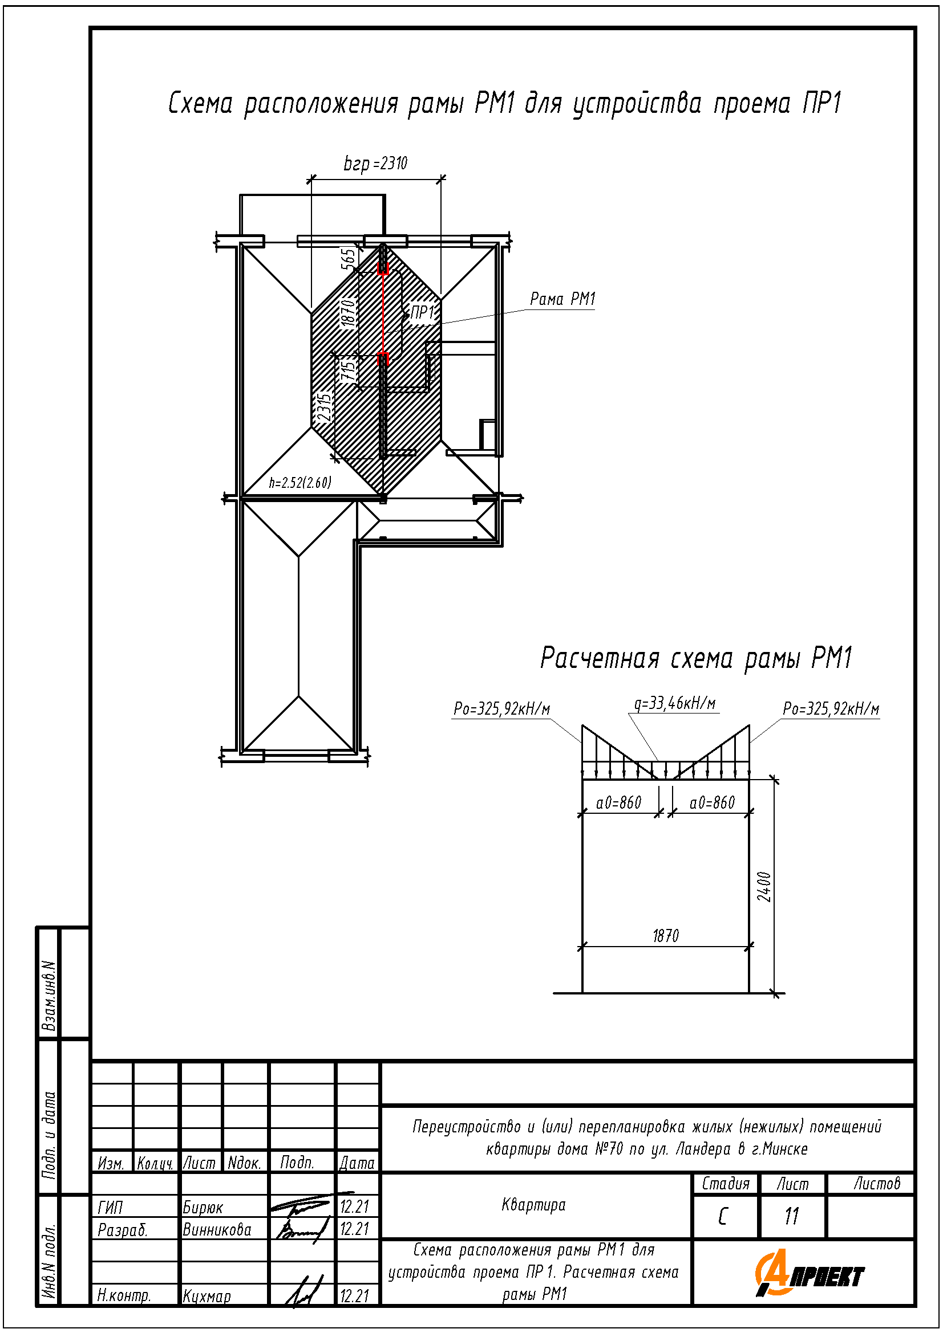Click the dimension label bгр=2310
[x=375, y=164]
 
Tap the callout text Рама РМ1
[x=562, y=299]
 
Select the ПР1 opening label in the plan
[x=422, y=312]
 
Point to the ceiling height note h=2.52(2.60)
[x=300, y=483]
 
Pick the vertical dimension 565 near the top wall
[x=347, y=259]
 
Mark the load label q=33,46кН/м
[x=674, y=704]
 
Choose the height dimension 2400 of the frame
[x=764, y=887]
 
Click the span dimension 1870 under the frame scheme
[x=666, y=936]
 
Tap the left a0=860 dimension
[x=618, y=803]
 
